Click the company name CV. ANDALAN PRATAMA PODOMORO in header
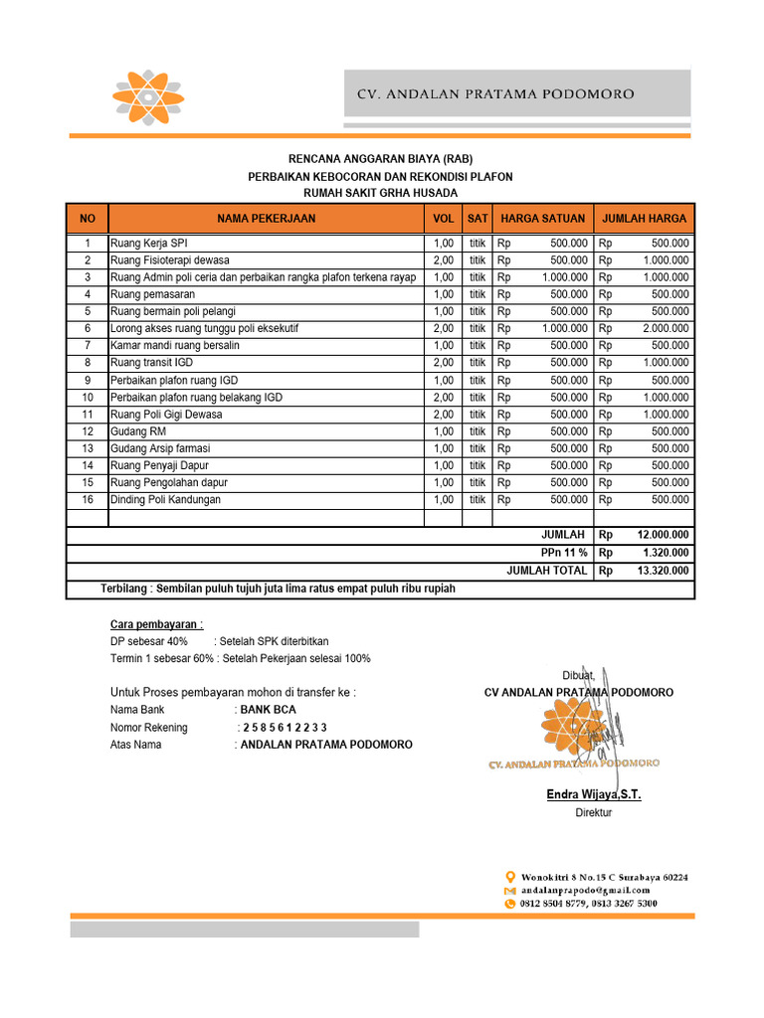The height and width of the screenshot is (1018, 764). [495, 94]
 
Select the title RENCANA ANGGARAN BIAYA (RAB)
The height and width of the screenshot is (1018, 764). [380, 159]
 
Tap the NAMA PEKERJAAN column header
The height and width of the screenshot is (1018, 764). [266, 219]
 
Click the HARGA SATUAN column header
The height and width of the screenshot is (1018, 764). [542, 219]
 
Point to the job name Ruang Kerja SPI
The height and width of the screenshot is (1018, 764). [149, 244]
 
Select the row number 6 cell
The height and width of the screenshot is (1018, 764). [88, 329]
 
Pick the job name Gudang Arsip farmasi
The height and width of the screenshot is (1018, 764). [160, 448]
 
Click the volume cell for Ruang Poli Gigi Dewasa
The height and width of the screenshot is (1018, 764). [443, 415]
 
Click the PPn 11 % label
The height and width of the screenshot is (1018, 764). [564, 553]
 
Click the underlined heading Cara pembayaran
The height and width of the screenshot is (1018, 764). [156, 624]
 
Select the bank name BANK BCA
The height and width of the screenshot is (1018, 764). [269, 710]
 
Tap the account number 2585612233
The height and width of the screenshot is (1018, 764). [285, 728]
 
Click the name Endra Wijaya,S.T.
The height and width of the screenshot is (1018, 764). [594, 794]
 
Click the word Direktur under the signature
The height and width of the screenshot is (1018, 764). [594, 813]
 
